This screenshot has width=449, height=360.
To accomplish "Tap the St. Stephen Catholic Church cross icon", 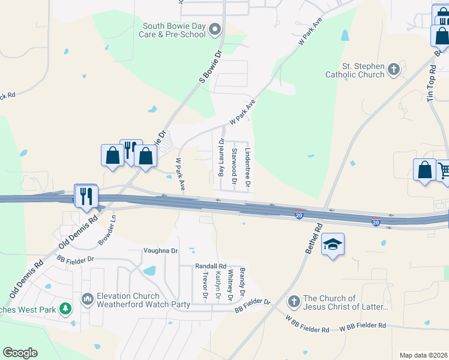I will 394,69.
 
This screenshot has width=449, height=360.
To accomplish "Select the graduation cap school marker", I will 333,244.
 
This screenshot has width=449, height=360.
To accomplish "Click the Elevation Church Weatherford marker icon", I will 87,298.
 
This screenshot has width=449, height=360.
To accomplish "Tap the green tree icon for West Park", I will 65,310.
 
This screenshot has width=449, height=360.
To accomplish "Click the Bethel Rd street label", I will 314,238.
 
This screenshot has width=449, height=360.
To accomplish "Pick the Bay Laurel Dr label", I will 221,157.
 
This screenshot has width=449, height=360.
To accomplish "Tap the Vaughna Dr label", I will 160,250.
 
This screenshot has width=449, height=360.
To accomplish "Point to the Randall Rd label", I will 210,266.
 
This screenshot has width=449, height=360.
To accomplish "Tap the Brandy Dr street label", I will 243,281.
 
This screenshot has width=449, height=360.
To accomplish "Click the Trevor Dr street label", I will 205,286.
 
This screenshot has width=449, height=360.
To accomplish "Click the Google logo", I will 20,353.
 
